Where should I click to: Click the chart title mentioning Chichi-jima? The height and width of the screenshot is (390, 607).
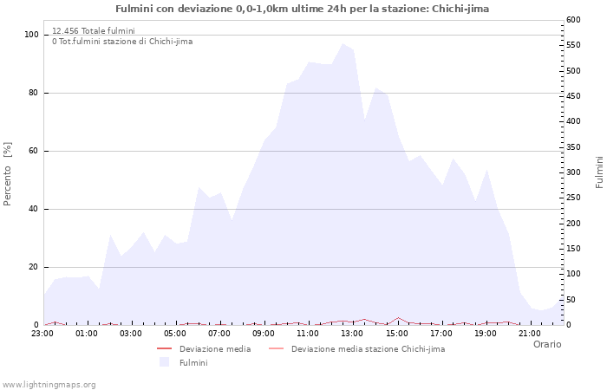pos(302,9)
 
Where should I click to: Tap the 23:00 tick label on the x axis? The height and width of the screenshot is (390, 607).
pos(42,333)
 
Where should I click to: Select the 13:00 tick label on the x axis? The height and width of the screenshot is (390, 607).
pos(353,333)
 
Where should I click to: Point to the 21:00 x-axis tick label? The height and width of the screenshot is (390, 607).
pos(530,333)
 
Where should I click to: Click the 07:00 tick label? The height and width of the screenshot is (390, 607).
pos(219,333)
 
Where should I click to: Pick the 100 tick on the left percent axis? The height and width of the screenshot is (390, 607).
pos(31,35)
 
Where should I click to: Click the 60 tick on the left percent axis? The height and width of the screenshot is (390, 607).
pos(33,151)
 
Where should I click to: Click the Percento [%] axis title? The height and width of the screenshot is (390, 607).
pos(8,174)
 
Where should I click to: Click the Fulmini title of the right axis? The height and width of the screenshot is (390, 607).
pos(599,172)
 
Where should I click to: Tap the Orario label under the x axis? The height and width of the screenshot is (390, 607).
pos(547,344)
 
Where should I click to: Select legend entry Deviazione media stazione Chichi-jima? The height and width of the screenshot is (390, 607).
pos(368,349)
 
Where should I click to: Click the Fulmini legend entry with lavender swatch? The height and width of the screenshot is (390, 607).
pos(193,363)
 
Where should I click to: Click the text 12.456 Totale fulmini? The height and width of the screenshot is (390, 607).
pos(93,30)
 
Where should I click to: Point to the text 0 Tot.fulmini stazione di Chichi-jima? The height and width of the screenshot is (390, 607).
pos(122,42)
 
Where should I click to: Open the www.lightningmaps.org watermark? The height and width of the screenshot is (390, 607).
pos(49,384)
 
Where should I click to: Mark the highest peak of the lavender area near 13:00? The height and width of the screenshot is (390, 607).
pos(343,43)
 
